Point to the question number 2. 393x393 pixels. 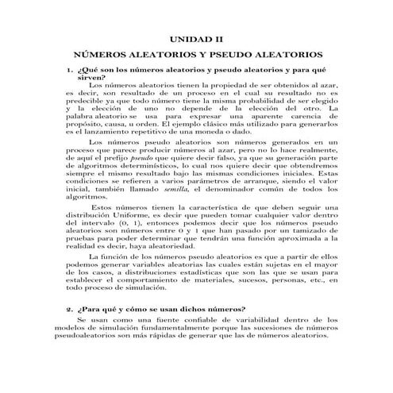click(x=69, y=308)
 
